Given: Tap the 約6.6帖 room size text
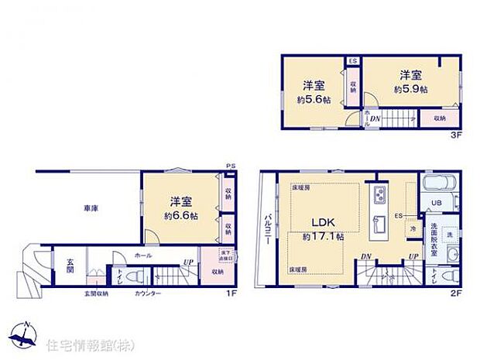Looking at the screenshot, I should point(183,216).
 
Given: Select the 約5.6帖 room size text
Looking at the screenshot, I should point(313,101).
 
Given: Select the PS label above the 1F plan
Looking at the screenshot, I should point(231,166).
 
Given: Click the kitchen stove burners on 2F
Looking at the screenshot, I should point(381,193).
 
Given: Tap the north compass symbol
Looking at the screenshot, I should point(25,334).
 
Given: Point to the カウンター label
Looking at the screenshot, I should point(147,294).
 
